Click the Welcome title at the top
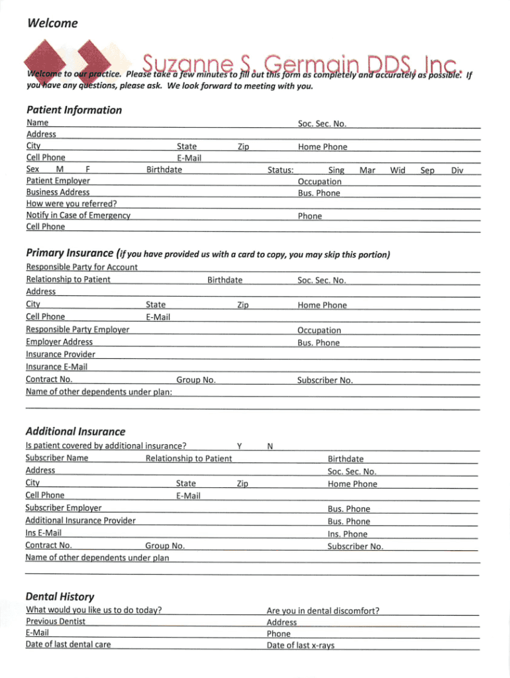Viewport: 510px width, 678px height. (52, 24)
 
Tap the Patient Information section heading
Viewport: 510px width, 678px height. (74, 110)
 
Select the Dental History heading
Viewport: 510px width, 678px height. (60, 596)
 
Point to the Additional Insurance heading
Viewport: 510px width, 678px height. (75, 431)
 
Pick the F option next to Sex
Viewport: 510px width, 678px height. (88, 170)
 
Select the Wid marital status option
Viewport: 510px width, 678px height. (397, 170)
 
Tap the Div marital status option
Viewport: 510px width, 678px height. (456, 170)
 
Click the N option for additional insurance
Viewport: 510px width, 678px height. (270, 446)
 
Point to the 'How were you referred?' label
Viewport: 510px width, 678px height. (72, 204)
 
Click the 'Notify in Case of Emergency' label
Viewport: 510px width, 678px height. (77, 216)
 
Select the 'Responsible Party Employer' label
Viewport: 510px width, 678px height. (77, 330)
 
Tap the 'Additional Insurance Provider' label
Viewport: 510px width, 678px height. (80, 520)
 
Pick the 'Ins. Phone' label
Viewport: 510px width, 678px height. (347, 534)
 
